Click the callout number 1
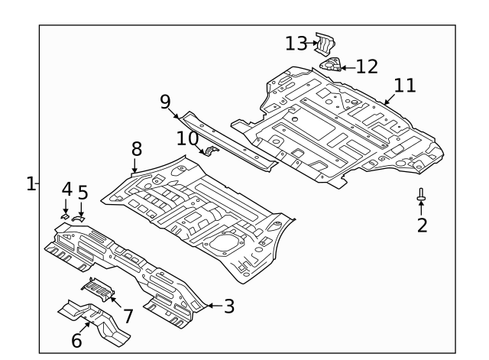[31, 183]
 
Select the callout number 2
[422, 225]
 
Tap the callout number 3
[228, 306]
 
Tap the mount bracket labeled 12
[331, 65]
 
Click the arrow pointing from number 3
[212, 306]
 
